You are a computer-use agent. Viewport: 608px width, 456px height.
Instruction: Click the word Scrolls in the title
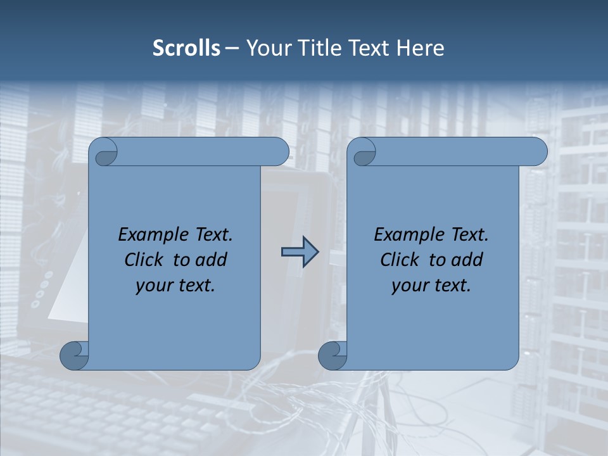pyautogui.click(x=186, y=48)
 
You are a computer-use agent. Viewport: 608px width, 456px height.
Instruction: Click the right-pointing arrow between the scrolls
pyautogui.click(x=300, y=252)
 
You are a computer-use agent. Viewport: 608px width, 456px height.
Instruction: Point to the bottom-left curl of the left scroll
pyautogui.click(x=75, y=355)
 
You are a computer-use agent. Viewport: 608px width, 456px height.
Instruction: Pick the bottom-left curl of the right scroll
pyautogui.click(x=333, y=355)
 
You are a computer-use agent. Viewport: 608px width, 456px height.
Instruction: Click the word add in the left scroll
pyautogui.click(x=210, y=260)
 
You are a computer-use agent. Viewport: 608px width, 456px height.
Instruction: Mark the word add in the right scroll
pyautogui.click(x=466, y=260)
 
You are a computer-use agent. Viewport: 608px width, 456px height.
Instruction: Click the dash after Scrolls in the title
pyautogui.click(x=232, y=48)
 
